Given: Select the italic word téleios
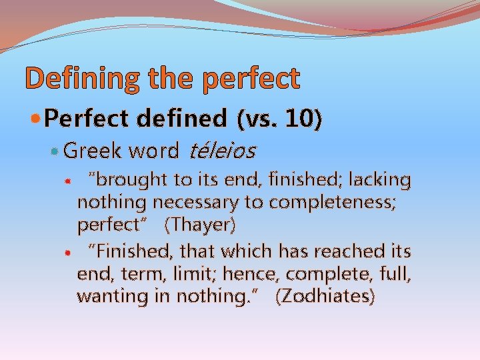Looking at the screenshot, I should coord(222,151).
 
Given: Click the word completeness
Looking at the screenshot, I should coord(341,202).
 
